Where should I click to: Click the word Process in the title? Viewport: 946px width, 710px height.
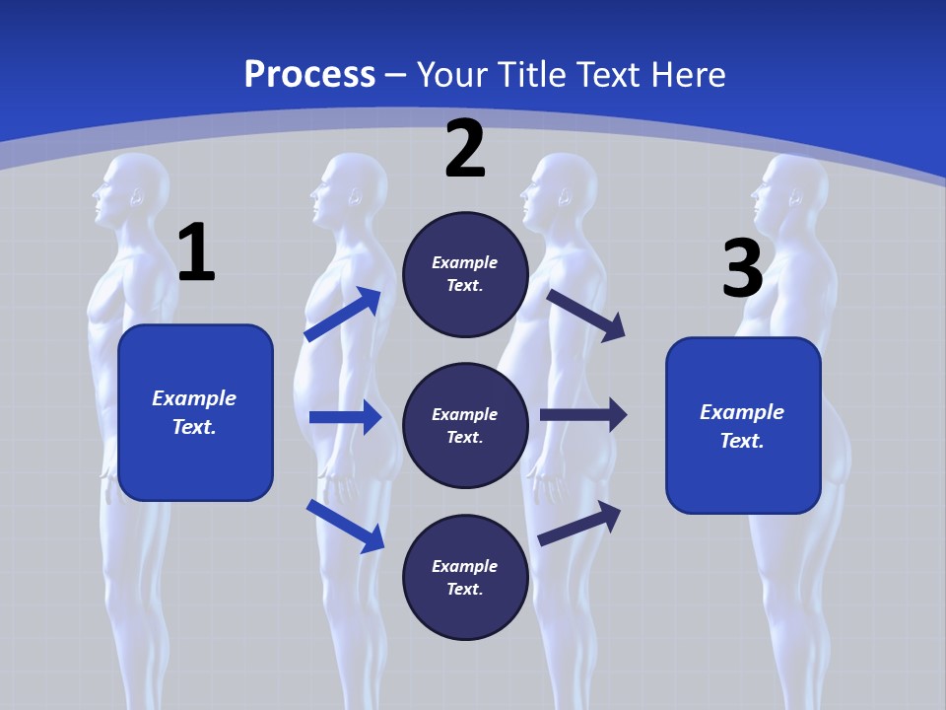tap(309, 75)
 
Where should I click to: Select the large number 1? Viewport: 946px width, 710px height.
tap(196, 253)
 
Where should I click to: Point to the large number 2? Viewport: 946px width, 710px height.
tap(465, 149)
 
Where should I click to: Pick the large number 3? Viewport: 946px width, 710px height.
tap(742, 268)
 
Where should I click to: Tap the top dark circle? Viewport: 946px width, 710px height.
tap(465, 274)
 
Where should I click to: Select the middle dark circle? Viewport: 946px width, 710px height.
tap(465, 426)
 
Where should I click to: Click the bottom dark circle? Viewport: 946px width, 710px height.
tap(465, 578)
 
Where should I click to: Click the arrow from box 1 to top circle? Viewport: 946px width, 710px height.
tap(342, 315)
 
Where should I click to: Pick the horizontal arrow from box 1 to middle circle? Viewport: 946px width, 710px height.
tap(345, 417)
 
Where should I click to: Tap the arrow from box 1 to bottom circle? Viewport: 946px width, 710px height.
tap(345, 525)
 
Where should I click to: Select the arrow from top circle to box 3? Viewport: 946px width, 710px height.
tap(586, 315)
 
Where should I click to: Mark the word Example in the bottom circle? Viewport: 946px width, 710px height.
tap(465, 566)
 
